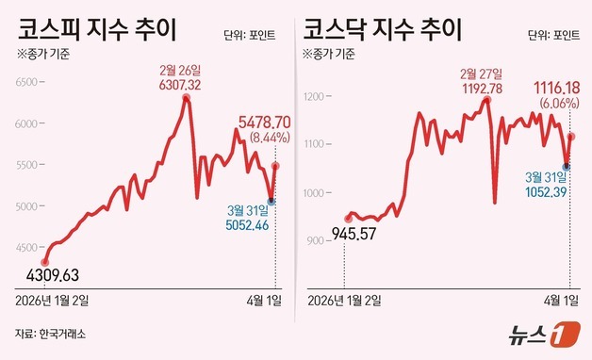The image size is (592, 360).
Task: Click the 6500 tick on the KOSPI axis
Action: (28, 82)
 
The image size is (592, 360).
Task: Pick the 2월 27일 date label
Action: (483, 72)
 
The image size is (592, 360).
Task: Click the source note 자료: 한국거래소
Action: (56, 333)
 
